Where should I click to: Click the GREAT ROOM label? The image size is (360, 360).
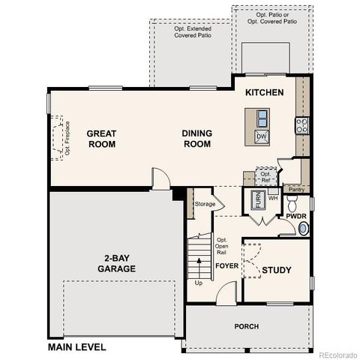(x=100, y=138)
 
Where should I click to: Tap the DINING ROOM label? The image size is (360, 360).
(x=197, y=138)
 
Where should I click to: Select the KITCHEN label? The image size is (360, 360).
(x=264, y=93)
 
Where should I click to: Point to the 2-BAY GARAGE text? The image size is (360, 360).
(x=115, y=262)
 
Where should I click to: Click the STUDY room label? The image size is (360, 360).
(x=276, y=270)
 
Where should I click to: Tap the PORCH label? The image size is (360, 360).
(x=246, y=325)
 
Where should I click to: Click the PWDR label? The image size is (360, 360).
(x=295, y=216)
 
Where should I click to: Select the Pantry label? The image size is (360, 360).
(x=296, y=190)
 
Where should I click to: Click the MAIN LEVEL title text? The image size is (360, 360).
(x=76, y=347)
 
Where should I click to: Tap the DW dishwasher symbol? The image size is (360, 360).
(x=262, y=136)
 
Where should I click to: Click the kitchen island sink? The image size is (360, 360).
(x=262, y=118)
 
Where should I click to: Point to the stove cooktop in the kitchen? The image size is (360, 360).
(x=301, y=125)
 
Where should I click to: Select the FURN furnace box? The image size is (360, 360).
(x=256, y=201)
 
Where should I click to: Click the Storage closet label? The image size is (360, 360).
(x=205, y=204)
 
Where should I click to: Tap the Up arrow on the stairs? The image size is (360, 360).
(x=199, y=267)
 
